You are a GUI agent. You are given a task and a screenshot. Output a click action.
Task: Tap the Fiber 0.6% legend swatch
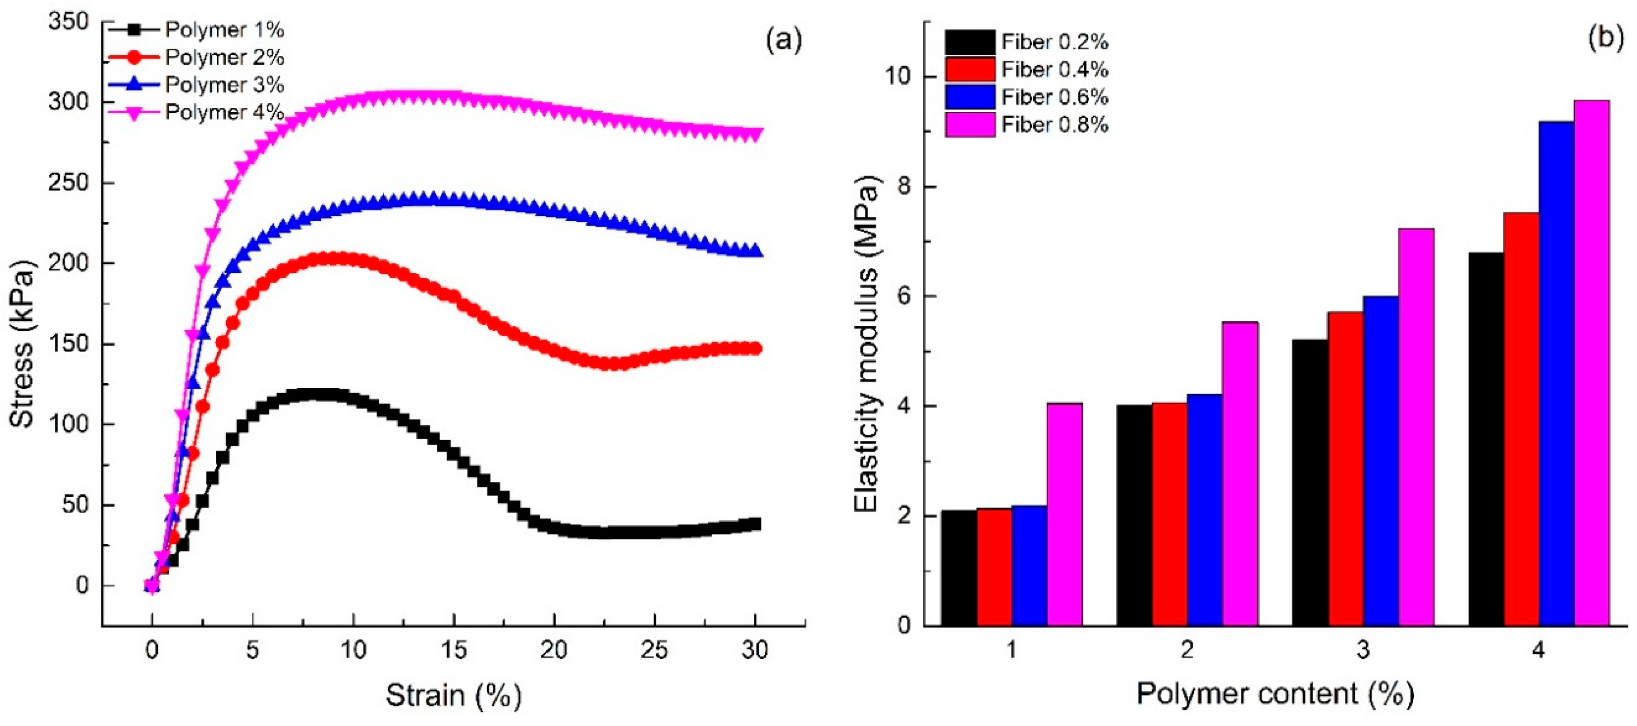coord(969,97)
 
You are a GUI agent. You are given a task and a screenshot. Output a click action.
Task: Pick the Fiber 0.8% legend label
coord(1055,125)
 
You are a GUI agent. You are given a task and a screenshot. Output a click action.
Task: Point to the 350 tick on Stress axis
coord(68,22)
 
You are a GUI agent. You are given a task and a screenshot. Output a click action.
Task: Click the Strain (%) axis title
coord(454,696)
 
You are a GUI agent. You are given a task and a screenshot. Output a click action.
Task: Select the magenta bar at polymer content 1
coord(1065,514)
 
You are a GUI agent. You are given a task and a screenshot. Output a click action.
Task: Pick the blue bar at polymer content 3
coord(1380,460)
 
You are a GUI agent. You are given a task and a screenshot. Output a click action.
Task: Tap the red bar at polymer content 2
coord(1169,514)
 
